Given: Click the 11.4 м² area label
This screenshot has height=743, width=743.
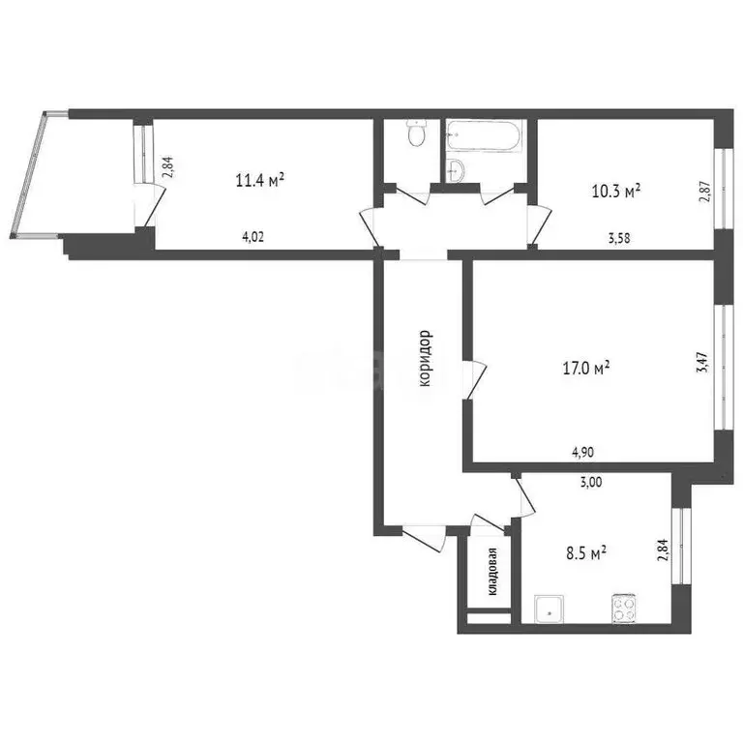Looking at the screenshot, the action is pos(259,180).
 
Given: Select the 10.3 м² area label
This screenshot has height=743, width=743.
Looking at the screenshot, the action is pos(616,192).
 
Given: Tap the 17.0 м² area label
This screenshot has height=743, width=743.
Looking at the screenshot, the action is pos(586,368).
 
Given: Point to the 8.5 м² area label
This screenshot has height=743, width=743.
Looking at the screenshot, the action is pos(586,552).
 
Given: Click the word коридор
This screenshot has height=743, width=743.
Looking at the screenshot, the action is pos(426,358).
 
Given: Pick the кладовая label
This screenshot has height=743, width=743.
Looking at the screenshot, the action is pos(492,572).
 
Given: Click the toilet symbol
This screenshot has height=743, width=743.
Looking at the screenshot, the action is pos(417,134).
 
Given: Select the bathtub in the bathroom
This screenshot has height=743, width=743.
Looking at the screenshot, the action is pos(484,135).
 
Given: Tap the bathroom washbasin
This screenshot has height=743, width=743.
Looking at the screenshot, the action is pos(456,169).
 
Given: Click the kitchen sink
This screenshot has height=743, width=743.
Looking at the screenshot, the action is pos(550,609).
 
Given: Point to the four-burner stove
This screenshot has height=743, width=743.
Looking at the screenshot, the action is pos(624,609).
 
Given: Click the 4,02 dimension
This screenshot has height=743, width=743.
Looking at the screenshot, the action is pos(253,237).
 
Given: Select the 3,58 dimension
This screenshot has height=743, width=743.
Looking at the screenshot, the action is pos(619,238).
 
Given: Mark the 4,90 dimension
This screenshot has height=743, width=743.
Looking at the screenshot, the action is pos(582,453).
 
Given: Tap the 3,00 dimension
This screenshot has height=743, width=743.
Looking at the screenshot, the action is pos(591,483).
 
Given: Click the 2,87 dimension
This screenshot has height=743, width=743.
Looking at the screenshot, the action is pos(705,192).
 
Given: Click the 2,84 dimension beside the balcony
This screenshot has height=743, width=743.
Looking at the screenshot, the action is pos(168,167).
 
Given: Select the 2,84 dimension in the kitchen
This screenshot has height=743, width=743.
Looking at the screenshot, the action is pos(662,550).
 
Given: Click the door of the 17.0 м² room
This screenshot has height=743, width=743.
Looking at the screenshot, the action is pos(476,380).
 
